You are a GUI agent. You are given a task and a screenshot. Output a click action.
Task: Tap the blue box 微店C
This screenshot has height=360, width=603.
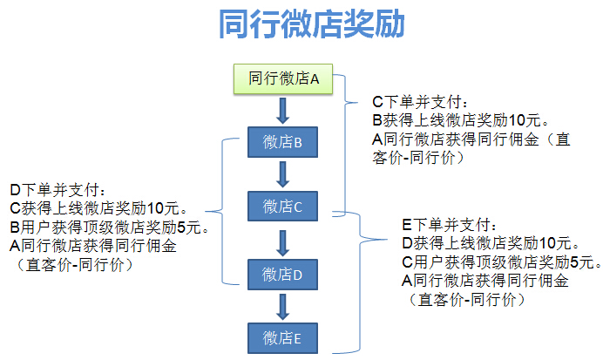(282, 207)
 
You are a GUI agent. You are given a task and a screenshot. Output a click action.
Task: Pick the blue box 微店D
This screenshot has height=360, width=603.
(282, 274)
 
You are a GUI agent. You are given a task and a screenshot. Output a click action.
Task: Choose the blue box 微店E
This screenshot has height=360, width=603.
(282, 336)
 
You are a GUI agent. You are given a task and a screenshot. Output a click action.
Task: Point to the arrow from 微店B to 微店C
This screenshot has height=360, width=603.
(282, 174)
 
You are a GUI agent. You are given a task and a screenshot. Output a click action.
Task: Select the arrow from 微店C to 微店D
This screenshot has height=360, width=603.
(282, 241)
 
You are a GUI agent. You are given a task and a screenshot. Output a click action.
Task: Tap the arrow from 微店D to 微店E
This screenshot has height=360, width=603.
(282, 305)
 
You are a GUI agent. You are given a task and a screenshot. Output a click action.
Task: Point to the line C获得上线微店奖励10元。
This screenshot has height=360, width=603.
(98, 208)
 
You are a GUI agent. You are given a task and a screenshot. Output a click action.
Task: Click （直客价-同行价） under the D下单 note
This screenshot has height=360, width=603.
(74, 264)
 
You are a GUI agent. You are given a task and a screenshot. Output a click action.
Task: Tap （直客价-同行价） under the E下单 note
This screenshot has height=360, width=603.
(466, 299)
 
